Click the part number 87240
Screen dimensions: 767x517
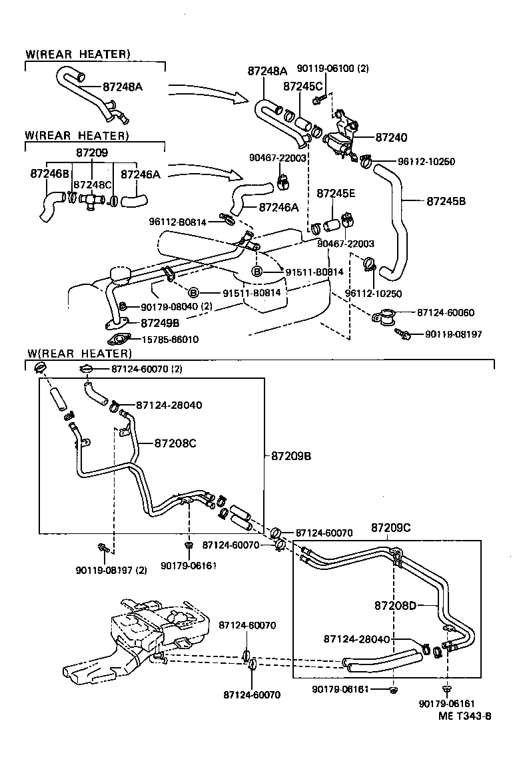click(x=391, y=137)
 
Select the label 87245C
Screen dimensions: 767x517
click(x=302, y=86)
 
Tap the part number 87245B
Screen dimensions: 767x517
click(x=446, y=200)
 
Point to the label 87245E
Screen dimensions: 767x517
click(x=336, y=194)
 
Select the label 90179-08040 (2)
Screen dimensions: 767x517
click(x=176, y=306)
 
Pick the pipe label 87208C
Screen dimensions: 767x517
click(x=175, y=442)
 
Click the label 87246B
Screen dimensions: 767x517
click(x=50, y=173)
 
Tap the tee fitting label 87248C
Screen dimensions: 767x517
click(x=91, y=184)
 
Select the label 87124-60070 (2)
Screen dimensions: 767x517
click(x=147, y=369)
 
